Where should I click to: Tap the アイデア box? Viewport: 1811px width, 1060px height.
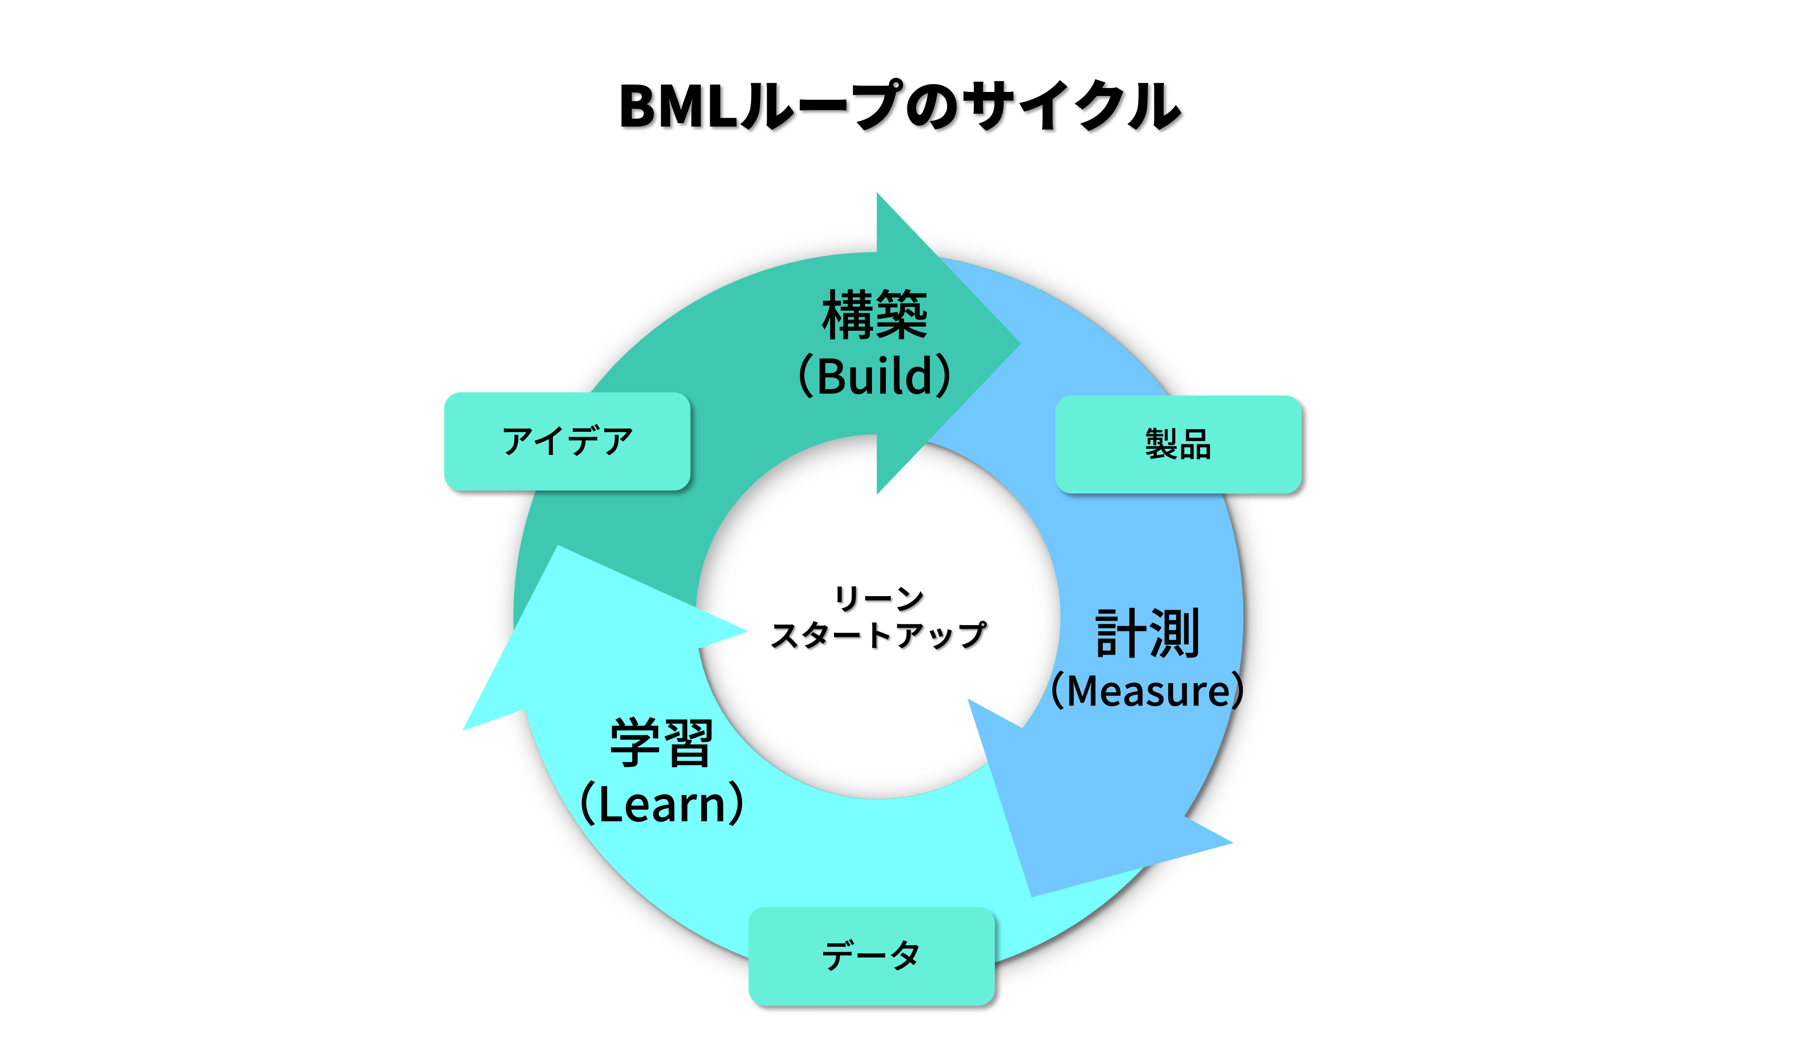[567, 441]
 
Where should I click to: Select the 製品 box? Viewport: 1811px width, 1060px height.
[1178, 444]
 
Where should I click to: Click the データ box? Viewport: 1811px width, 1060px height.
[871, 956]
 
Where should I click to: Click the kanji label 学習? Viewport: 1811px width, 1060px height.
[661, 743]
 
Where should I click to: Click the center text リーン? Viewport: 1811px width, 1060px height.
[878, 598]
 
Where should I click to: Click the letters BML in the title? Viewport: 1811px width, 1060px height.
[679, 106]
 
